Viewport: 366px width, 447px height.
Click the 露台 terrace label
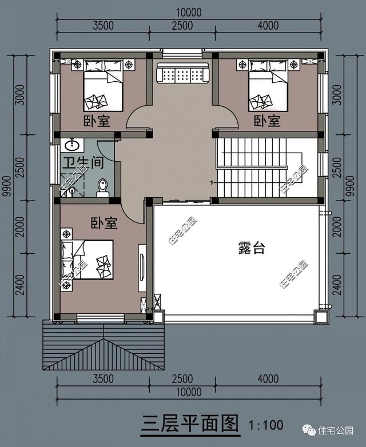[251, 248]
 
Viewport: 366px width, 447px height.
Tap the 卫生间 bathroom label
[83, 163]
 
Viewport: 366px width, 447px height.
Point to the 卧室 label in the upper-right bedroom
[267, 121]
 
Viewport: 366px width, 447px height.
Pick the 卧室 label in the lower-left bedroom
[103, 223]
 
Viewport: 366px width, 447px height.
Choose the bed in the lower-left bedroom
[89, 260]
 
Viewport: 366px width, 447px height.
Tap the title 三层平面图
[189, 424]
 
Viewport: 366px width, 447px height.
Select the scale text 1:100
[266, 425]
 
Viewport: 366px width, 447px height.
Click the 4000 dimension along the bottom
[267, 379]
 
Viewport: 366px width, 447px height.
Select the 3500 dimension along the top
[103, 25]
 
